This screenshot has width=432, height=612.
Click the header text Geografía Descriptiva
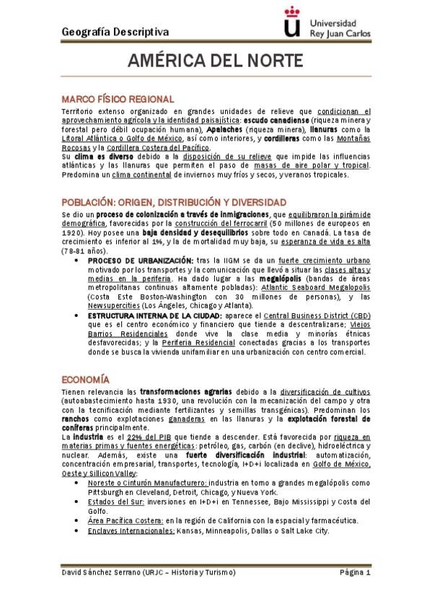coord(115,31)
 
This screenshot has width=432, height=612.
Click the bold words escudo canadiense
coord(278,120)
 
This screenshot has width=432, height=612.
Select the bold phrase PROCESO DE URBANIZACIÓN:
coord(141,259)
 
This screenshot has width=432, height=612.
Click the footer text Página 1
coord(355,573)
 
